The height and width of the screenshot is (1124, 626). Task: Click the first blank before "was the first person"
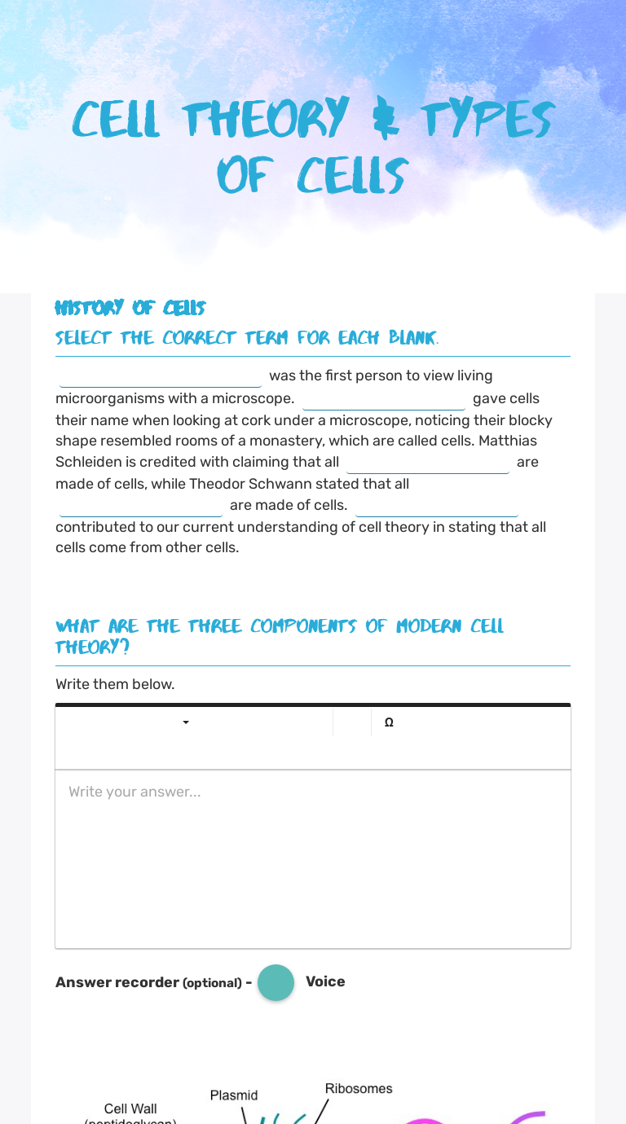161,377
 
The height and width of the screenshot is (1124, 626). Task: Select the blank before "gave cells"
384,400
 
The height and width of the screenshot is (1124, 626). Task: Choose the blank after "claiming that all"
428,463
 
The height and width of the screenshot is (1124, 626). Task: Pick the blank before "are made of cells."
141,507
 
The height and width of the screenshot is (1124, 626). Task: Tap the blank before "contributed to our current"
437,507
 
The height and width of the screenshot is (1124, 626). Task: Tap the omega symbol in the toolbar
389,722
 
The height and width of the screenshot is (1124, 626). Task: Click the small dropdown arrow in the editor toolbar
186,722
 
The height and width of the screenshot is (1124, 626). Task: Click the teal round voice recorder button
276,982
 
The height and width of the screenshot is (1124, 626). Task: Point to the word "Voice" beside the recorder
325,981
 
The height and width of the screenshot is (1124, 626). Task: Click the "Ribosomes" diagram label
359,1088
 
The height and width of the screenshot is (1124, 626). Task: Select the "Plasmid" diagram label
234,1095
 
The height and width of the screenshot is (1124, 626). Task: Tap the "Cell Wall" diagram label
130,1109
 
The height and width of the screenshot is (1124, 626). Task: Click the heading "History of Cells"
130,308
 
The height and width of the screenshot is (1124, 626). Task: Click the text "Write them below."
115,684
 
